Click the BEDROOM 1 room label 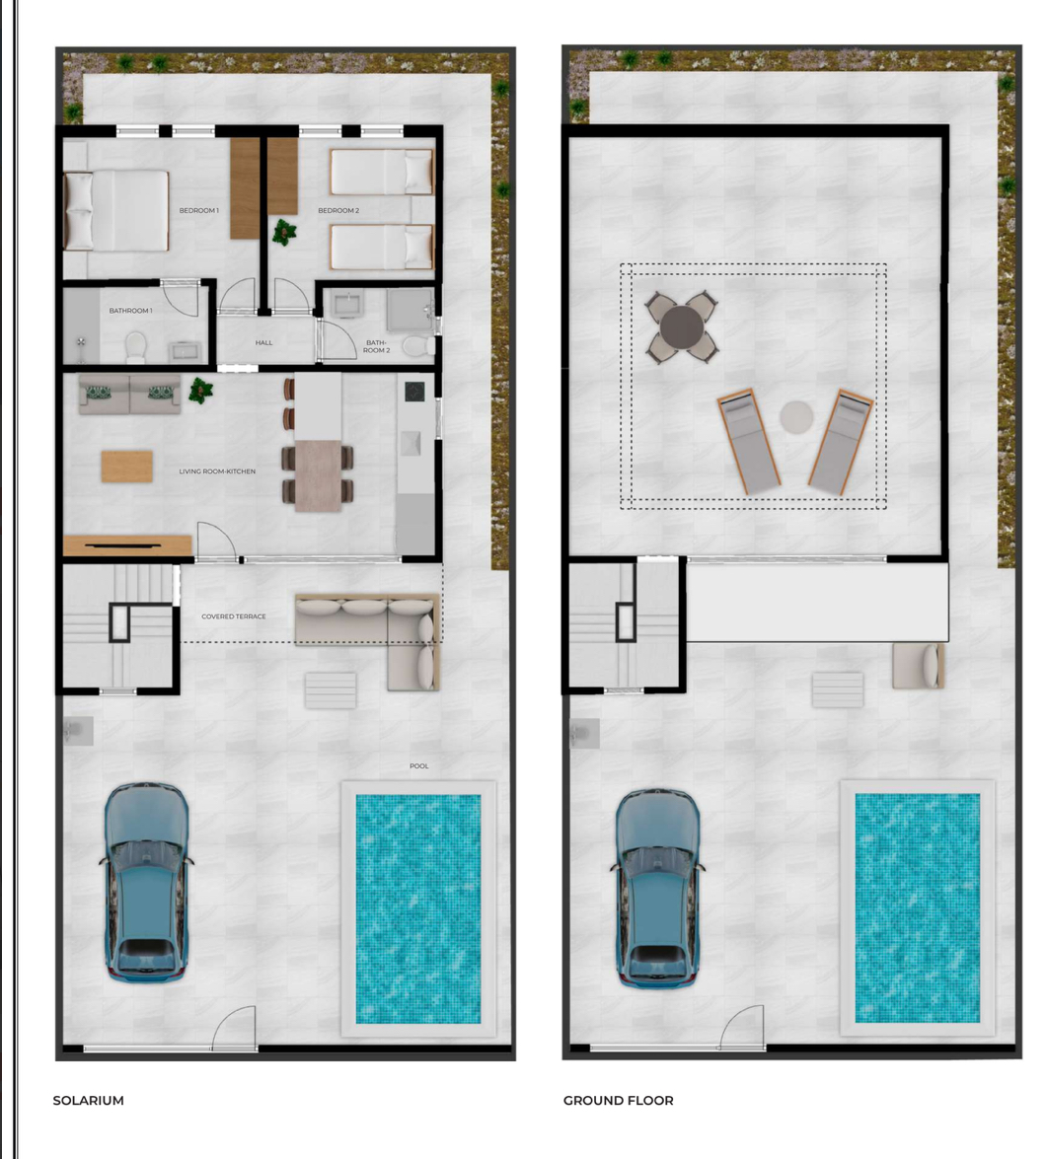[x=199, y=211]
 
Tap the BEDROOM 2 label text [x=338, y=211]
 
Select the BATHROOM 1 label [x=131, y=311]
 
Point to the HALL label [x=263, y=343]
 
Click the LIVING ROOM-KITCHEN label [x=217, y=471]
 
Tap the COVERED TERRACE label [x=234, y=616]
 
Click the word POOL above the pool [x=419, y=765]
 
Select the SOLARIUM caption [x=88, y=1100]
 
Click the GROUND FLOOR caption [x=618, y=1100]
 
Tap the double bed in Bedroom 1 [x=116, y=211]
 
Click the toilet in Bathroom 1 [x=135, y=347]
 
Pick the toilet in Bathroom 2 [x=419, y=346]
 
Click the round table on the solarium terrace [x=682, y=326]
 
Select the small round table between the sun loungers [x=796, y=417]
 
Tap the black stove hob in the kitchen [x=414, y=391]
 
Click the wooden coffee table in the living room [x=127, y=467]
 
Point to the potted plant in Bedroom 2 [x=284, y=232]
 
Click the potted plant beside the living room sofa [x=200, y=390]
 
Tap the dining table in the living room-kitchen [x=319, y=476]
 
